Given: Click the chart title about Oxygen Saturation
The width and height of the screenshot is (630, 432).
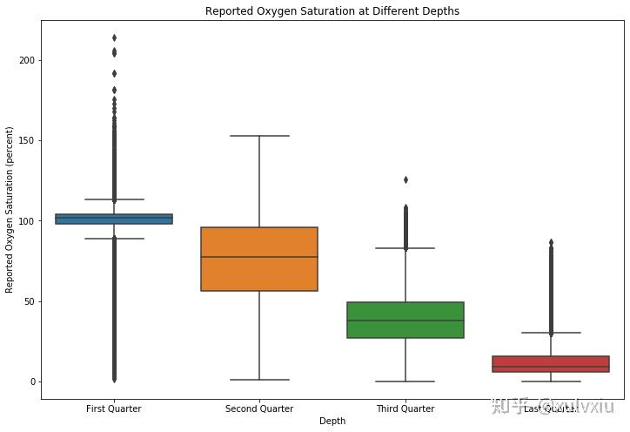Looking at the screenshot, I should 332,11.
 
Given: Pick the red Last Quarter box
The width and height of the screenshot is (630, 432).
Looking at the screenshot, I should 550,363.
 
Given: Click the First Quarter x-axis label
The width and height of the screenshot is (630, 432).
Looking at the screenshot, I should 114,408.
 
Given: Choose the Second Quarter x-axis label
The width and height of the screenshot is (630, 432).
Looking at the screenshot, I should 259,408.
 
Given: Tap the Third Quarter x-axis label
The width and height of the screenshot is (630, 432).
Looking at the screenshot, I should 405,408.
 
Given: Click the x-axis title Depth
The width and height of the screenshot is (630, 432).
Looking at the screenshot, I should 332,422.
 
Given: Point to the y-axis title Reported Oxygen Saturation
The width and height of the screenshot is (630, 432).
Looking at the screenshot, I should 10,208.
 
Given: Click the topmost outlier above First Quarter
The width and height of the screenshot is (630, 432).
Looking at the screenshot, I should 114,37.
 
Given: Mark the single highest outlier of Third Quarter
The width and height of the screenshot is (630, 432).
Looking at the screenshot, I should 405,179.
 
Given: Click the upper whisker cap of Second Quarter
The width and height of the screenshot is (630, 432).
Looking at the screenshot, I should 259,136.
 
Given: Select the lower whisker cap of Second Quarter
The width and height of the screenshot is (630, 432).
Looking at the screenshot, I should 259,380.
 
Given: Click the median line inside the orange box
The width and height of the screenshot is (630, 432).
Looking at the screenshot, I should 259,257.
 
